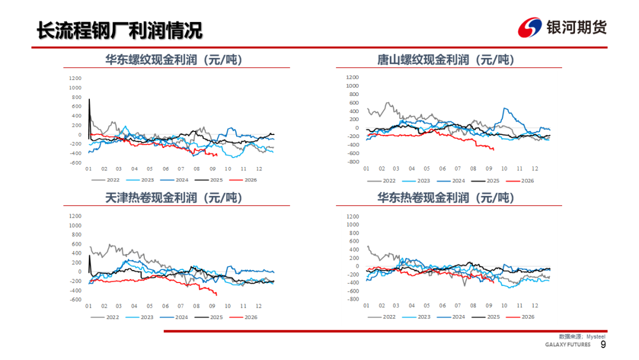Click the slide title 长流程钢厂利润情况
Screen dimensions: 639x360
(x=120, y=30)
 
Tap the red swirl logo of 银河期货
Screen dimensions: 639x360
(x=530, y=28)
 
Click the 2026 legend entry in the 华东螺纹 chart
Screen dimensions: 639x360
(x=243, y=180)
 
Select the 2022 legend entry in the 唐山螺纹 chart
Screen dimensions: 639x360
(x=382, y=181)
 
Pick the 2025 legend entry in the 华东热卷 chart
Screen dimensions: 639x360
(x=485, y=317)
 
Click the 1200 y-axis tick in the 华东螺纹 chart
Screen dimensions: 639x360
(x=75, y=78)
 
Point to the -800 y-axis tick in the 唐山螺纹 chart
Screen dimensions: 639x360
(x=353, y=162)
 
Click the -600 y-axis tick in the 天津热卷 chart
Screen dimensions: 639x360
(x=75, y=300)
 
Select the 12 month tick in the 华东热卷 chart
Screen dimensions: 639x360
(x=535, y=306)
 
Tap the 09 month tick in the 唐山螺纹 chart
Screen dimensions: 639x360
(x=489, y=168)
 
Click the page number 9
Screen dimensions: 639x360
(x=603, y=345)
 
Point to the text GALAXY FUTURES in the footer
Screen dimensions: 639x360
(x=567, y=345)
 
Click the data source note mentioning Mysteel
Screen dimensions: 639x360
(x=582, y=337)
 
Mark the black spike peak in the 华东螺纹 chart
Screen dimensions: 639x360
(x=89, y=99)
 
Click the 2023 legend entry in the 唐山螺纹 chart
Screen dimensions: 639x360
(x=416, y=181)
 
